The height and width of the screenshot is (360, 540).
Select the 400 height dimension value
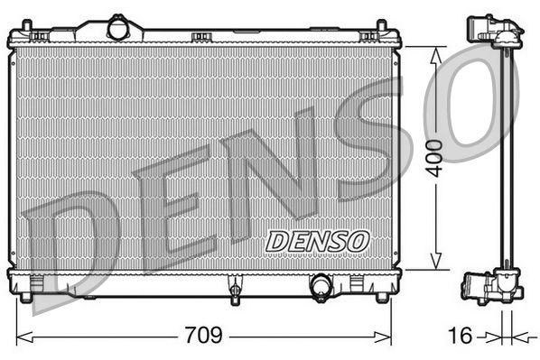438,159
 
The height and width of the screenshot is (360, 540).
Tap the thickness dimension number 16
461,336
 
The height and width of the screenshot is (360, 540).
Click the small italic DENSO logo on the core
317,241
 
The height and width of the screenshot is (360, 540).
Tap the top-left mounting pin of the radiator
40,36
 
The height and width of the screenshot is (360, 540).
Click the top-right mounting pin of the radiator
368,36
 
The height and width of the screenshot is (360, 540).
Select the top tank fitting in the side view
493,32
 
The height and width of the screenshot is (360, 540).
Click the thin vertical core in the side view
508,159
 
